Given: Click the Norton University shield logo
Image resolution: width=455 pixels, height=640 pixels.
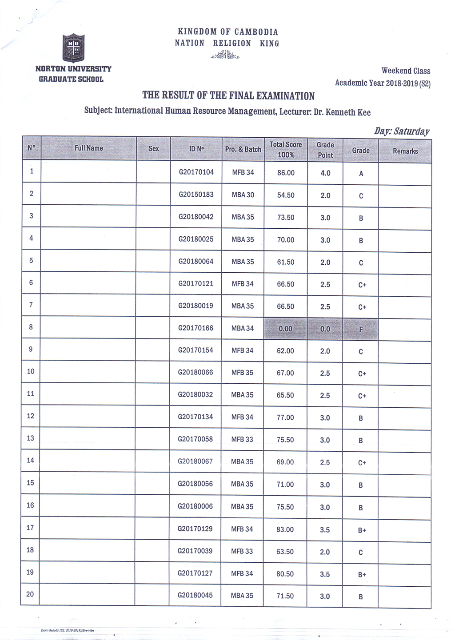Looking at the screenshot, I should [x=73, y=48].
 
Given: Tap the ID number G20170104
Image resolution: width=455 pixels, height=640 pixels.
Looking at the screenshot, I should [x=196, y=172].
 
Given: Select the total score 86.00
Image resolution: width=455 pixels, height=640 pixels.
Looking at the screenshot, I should [x=286, y=173].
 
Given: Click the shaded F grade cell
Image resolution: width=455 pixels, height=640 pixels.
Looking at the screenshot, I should [x=361, y=329].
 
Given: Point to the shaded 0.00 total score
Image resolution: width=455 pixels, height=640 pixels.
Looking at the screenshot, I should [x=285, y=329].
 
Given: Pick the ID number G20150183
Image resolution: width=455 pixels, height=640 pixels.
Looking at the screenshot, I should [x=196, y=195].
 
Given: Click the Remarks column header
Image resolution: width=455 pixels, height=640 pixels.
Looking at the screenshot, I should [x=405, y=151].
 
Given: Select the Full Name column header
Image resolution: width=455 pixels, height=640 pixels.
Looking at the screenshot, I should [x=88, y=148].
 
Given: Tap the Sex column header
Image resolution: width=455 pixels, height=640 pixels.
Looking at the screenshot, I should [x=153, y=149].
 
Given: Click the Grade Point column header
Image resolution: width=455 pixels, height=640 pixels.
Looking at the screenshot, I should [x=325, y=150].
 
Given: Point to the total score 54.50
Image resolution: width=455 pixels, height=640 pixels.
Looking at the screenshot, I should [x=286, y=195].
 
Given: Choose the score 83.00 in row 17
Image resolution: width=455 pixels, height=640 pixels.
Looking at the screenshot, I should [x=285, y=529].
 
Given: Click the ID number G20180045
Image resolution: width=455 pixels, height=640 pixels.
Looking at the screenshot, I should [x=195, y=595].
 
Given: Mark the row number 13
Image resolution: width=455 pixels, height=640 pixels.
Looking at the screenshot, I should [x=30, y=438].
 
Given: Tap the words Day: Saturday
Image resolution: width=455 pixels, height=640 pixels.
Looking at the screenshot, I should [x=402, y=131].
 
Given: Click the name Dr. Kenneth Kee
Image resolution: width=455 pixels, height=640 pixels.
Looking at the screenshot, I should [x=342, y=112].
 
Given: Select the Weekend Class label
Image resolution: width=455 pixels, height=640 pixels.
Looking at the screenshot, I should [x=406, y=71].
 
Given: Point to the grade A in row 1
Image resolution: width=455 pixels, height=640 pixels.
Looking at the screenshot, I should [x=361, y=174].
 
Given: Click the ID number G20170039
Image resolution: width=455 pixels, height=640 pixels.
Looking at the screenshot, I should [x=195, y=551].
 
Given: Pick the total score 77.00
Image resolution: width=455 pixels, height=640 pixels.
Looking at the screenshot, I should [x=285, y=417].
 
